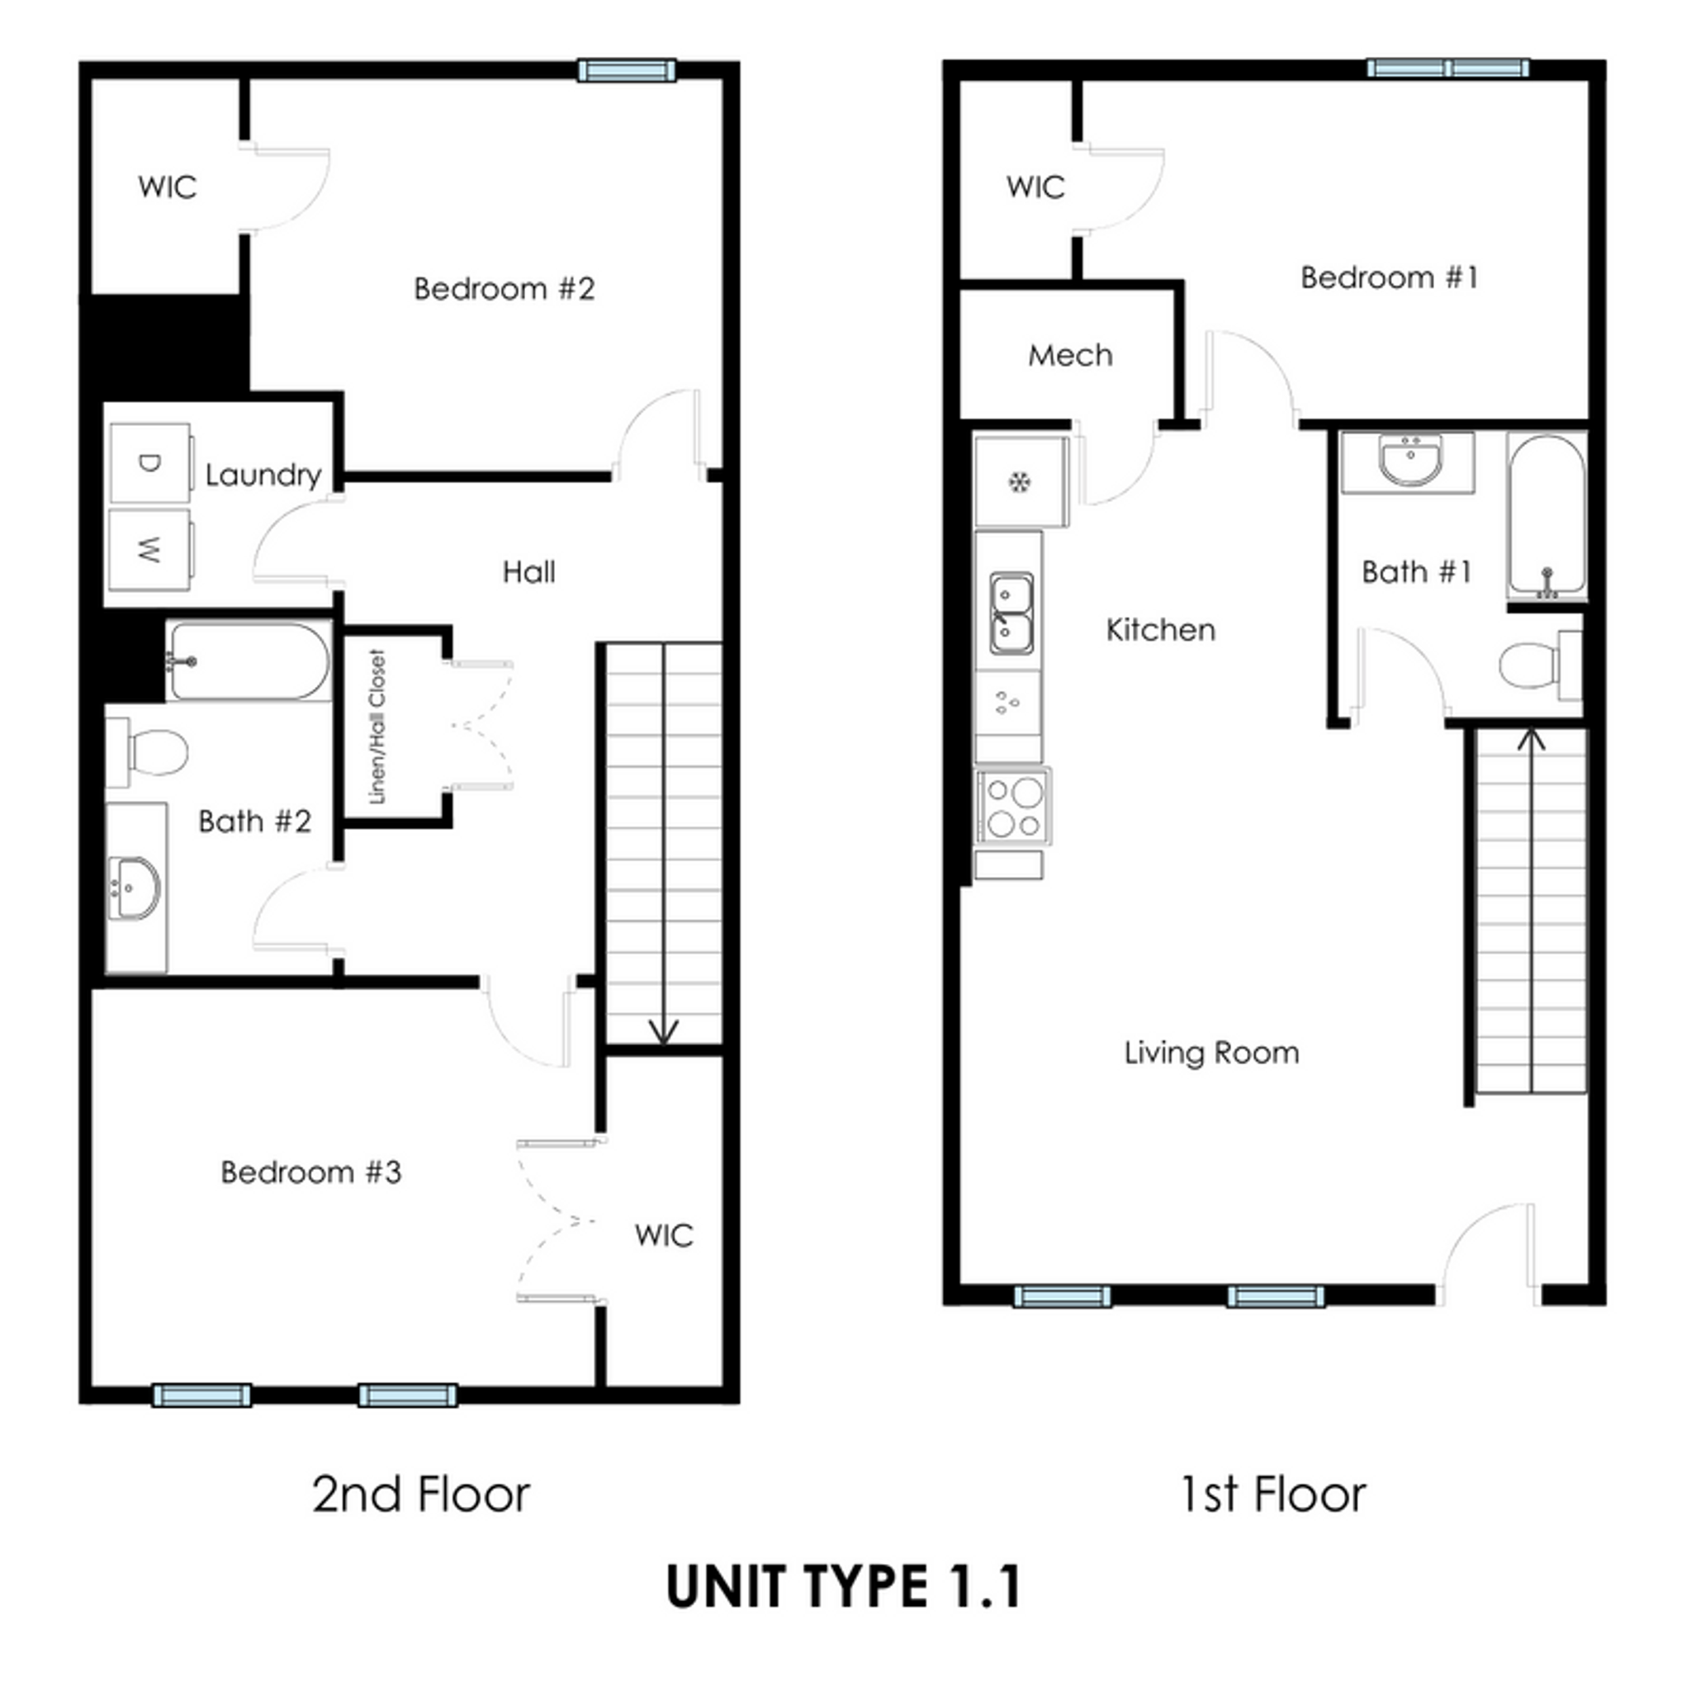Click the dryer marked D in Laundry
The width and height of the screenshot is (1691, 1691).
[149, 463]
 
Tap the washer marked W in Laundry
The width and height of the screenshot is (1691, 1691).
[149, 550]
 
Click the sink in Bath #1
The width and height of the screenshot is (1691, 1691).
[1409, 460]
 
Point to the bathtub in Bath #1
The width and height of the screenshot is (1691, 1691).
[1547, 515]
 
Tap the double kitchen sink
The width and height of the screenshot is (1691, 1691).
[1011, 612]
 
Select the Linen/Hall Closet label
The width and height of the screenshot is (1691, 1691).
[377, 727]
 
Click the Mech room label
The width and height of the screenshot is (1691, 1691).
[1069, 355]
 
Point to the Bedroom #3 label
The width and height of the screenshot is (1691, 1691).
[310, 1172]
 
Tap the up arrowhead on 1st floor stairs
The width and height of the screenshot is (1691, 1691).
[1531, 740]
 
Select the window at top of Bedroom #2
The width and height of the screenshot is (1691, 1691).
[627, 70]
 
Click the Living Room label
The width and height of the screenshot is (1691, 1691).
[1211, 1052]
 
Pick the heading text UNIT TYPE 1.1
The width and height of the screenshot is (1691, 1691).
[844, 1586]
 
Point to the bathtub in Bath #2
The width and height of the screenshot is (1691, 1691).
[249, 661]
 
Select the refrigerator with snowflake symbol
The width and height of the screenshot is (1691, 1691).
[1020, 481]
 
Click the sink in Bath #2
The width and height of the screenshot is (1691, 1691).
[133, 889]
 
